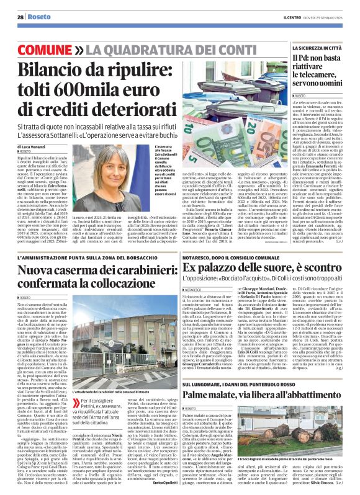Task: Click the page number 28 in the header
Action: (20, 17)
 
